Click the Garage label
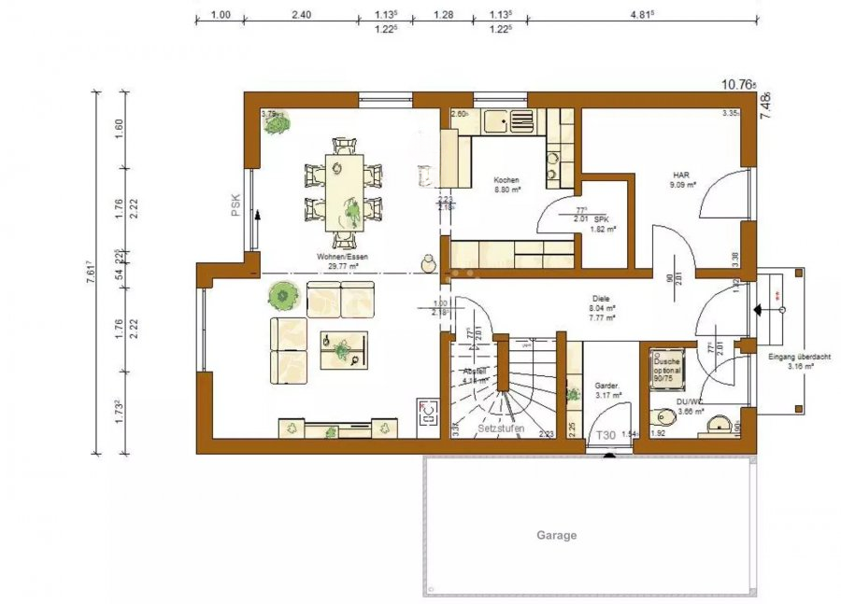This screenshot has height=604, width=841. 556,536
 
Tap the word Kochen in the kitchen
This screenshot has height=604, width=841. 506,180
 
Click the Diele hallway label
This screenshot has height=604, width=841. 601,299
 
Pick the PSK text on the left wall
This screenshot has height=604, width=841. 235,204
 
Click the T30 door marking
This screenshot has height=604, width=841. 606,436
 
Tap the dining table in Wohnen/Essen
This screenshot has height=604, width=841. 343,192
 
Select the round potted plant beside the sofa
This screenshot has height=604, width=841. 280,297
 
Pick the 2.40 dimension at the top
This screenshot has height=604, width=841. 301,14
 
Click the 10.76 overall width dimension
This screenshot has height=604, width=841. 737,84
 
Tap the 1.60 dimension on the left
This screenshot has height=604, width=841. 119,129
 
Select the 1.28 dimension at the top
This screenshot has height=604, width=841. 444,14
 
